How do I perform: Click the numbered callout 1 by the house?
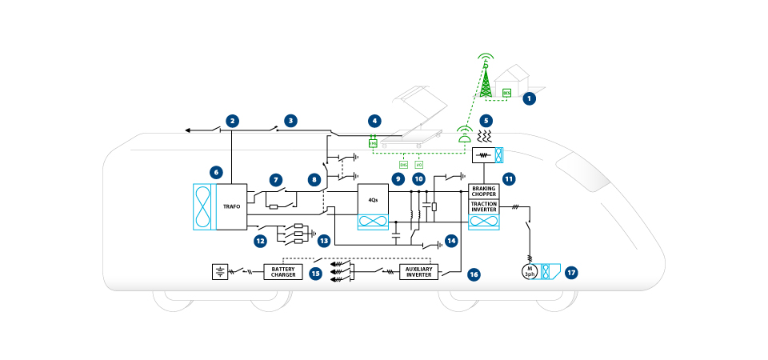[x=528, y=99]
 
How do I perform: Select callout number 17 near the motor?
[x=571, y=272]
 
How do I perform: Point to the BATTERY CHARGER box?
[x=284, y=272]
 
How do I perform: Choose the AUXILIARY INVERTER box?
[x=418, y=272]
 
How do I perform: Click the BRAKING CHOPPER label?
[x=484, y=192]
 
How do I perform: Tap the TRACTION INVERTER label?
[x=484, y=207]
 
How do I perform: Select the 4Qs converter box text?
[x=373, y=198]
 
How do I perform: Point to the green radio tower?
[x=484, y=76]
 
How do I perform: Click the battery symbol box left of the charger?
[x=218, y=272]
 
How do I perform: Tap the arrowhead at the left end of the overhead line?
[x=186, y=130]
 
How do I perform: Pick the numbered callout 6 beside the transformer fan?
[x=214, y=171]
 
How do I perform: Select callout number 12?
[x=260, y=240]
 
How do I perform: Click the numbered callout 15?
[x=316, y=273]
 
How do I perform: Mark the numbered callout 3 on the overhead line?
[x=291, y=121]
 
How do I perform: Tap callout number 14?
[x=452, y=240]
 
